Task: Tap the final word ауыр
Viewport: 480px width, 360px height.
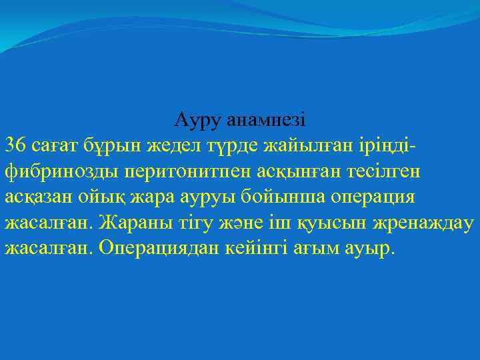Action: [370, 248]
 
